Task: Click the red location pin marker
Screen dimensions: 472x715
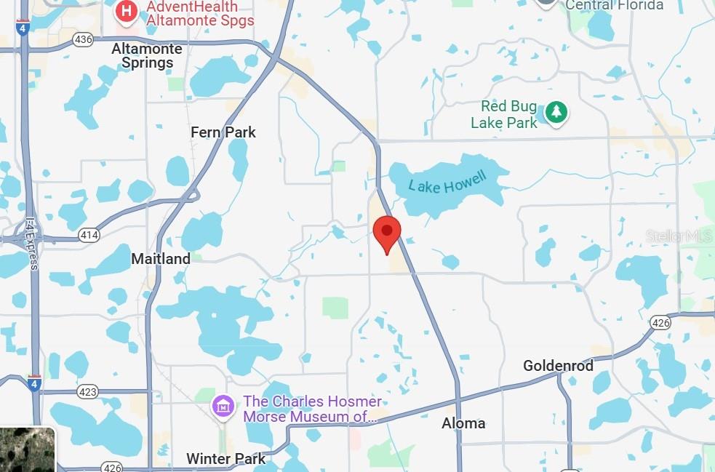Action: (x=386, y=233)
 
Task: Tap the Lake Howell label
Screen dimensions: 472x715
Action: (x=447, y=179)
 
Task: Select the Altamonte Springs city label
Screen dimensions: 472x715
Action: (x=143, y=55)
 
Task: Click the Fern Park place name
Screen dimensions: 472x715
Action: (x=223, y=132)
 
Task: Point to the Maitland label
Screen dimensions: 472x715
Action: (x=161, y=258)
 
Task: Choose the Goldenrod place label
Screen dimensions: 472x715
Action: (x=558, y=365)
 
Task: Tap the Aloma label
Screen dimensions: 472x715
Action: (x=463, y=423)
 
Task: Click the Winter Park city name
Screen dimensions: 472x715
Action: (x=225, y=459)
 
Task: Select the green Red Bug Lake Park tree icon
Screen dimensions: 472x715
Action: (x=556, y=113)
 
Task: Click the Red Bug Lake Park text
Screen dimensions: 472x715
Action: (x=504, y=115)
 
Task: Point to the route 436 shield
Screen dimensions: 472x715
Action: (x=83, y=39)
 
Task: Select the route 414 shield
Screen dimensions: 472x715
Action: (x=89, y=235)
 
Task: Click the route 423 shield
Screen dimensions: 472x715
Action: (x=87, y=391)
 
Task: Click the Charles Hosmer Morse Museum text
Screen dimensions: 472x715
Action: (x=312, y=409)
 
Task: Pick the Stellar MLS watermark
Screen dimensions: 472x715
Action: (x=679, y=236)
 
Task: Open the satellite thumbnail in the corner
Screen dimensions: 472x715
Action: (x=27, y=449)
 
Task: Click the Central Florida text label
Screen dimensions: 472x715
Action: (x=615, y=5)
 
